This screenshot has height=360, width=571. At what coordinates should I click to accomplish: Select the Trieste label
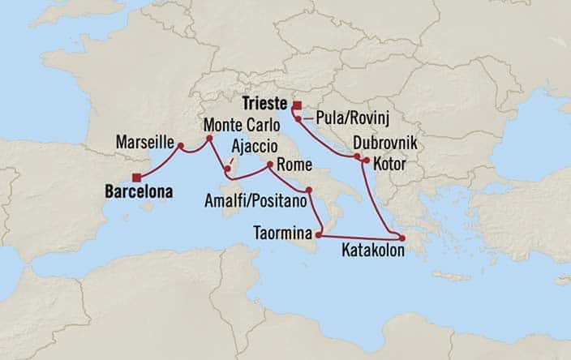pos(266,104)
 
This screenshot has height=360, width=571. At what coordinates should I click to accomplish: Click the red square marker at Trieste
pos(298,105)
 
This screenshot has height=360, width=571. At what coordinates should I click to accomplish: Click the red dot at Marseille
pos(181,147)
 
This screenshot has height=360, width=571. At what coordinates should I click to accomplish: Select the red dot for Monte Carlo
pos(209,139)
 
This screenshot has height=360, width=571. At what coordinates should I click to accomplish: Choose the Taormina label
pos(281,230)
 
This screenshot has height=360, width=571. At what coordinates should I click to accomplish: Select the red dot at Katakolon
pos(401,238)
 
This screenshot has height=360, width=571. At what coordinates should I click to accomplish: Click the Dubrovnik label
pos(385,144)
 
